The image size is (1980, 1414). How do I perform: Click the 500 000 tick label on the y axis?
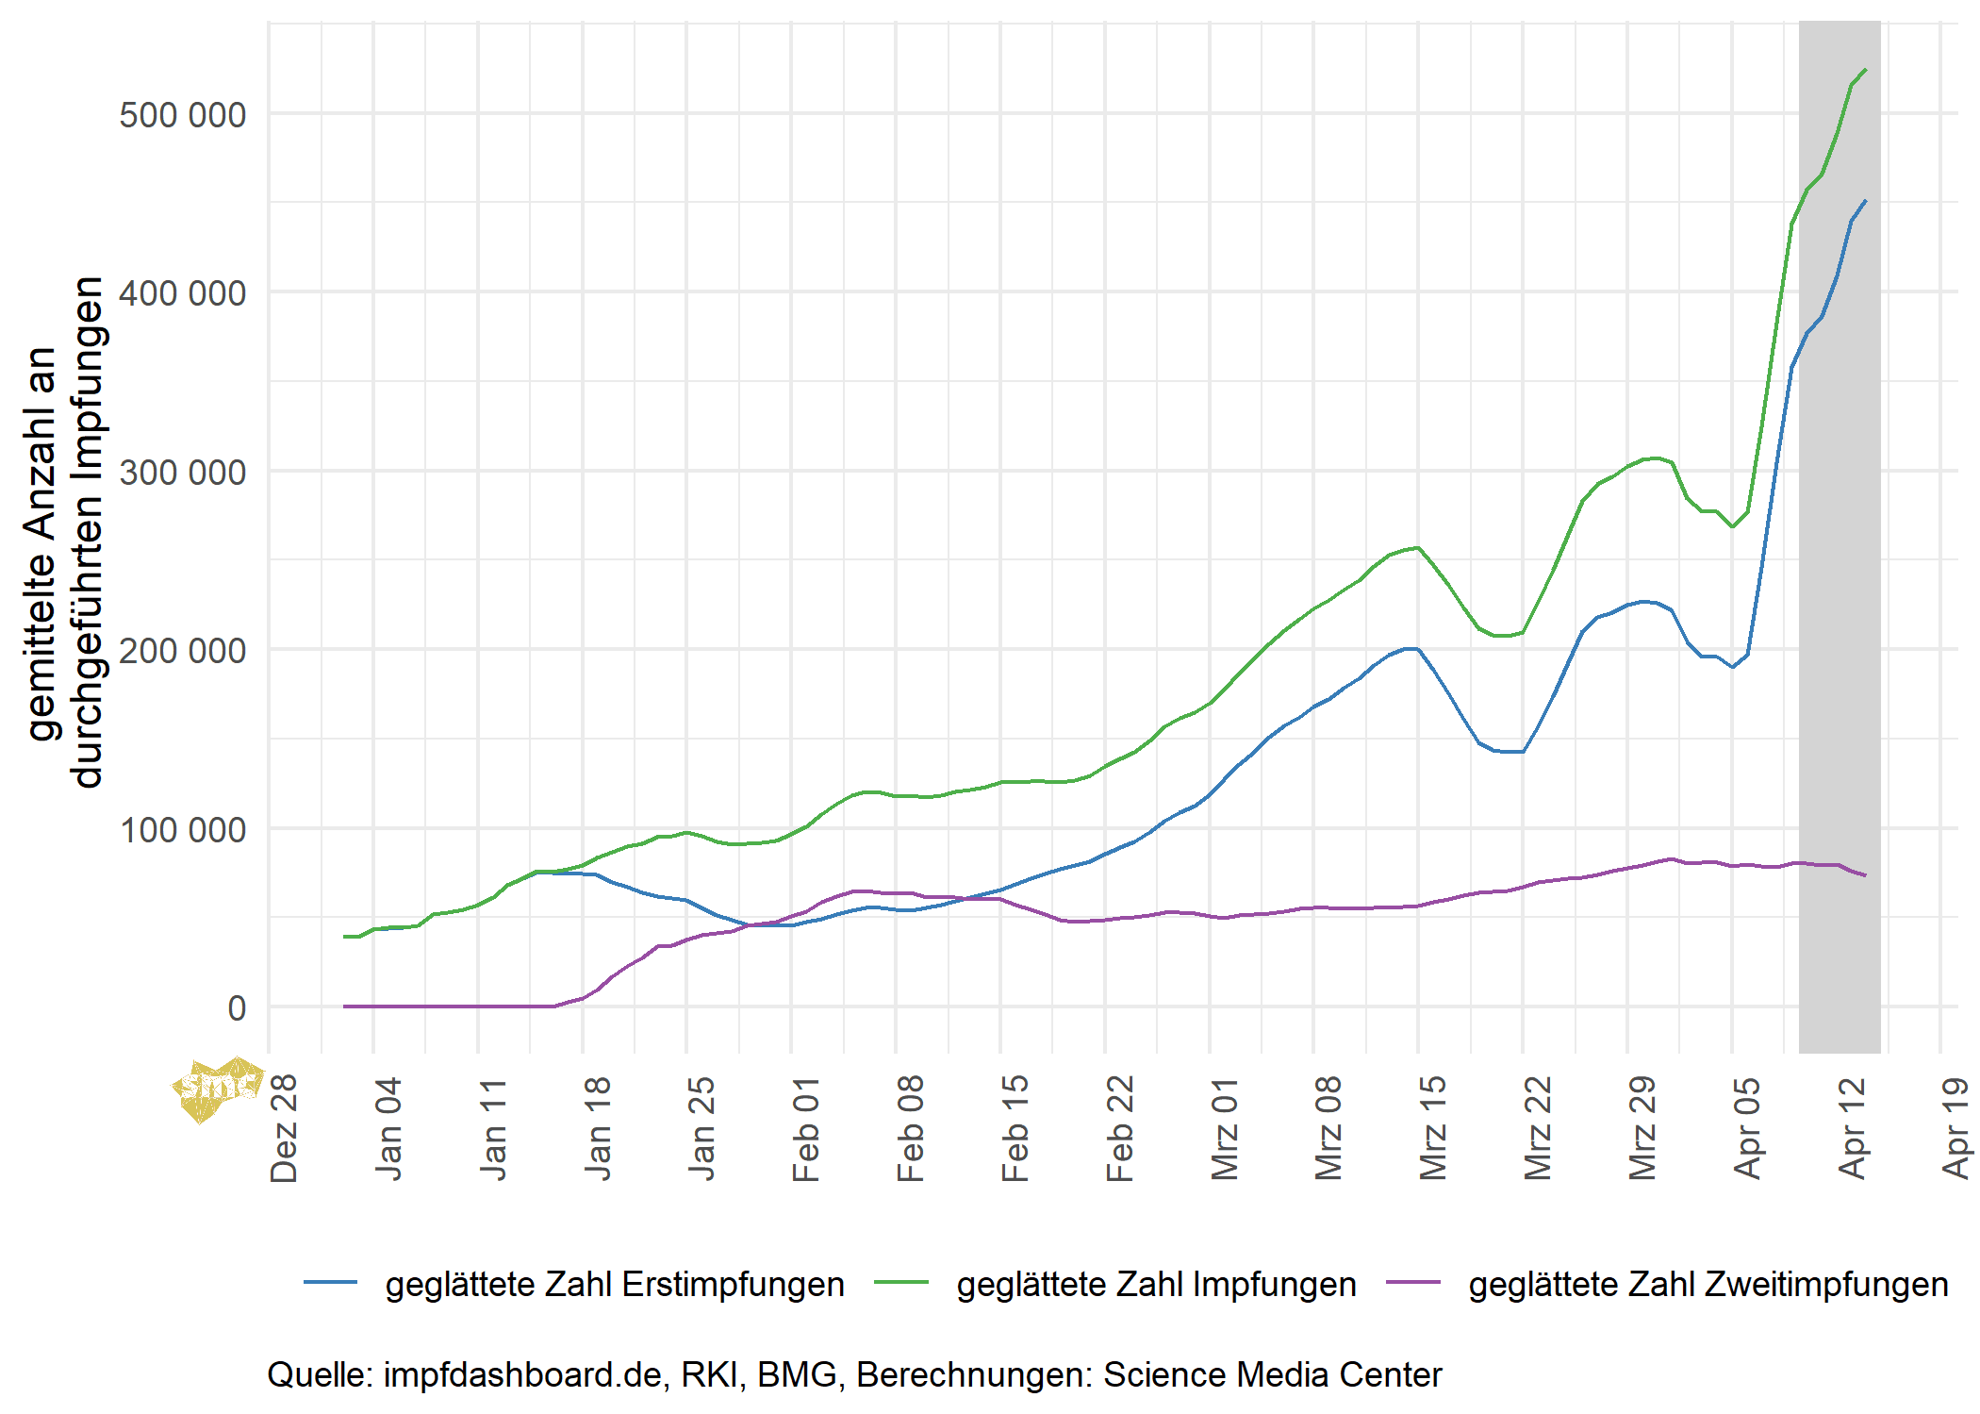182,115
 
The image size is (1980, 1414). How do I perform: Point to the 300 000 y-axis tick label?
182,473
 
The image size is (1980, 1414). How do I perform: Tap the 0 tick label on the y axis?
237,1008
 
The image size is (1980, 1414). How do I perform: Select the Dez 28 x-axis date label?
284,1128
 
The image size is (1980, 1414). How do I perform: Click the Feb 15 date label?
1015,1128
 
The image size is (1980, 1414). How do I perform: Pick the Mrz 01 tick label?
1225,1128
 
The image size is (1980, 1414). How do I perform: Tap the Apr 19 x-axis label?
1956,1128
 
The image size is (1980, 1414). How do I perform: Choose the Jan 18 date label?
598,1128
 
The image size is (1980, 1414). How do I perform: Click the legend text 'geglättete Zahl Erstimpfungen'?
615,1285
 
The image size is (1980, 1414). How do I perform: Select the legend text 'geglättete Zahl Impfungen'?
1156,1285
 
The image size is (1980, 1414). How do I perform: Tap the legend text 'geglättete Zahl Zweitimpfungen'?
1708,1285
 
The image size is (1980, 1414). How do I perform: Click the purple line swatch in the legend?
1413,1283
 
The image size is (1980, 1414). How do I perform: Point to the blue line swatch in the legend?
331,1283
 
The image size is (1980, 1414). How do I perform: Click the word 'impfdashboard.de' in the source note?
522,1375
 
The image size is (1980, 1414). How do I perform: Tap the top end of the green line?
1865,70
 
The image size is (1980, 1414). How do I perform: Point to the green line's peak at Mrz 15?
1417,547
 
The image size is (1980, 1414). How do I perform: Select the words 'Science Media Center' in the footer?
1272,1375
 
